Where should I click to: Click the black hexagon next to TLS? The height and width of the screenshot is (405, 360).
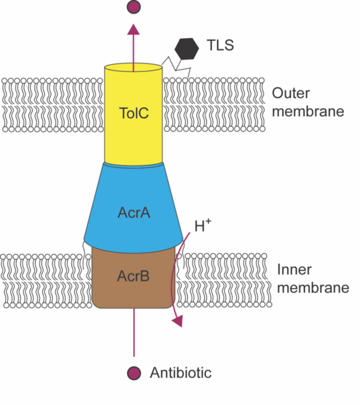click(x=187, y=48)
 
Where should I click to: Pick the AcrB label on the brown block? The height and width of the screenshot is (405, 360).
click(x=133, y=277)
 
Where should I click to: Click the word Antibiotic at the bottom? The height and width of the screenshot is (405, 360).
click(x=180, y=373)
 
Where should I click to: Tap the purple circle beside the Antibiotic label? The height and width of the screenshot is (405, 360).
click(x=134, y=373)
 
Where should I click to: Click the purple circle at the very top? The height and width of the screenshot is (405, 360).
click(x=134, y=7)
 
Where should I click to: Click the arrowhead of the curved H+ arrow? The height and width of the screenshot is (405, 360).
click(x=178, y=321)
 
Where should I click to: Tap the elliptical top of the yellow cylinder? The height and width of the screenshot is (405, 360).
click(x=134, y=67)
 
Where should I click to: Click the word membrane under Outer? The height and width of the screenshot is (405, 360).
click(x=308, y=111)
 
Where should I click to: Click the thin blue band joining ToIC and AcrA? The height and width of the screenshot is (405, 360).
click(x=134, y=164)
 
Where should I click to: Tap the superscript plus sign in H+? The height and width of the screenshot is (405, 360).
click(x=208, y=221)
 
